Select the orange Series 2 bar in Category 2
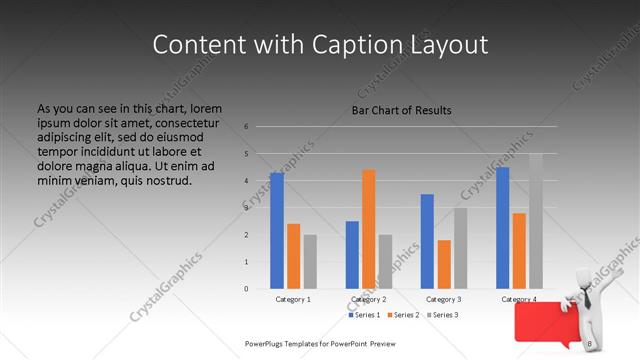pyautogui.click(x=369, y=229)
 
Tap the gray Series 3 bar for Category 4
pyautogui.click(x=536, y=221)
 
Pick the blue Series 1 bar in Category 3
pyautogui.click(x=427, y=241)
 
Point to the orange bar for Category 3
pyautogui.click(x=444, y=264)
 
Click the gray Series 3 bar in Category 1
pyautogui.click(x=310, y=261)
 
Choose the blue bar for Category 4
pyautogui.click(x=502, y=227)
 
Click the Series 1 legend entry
pyautogui.click(x=365, y=315)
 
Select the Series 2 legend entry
pyautogui.click(x=403, y=315)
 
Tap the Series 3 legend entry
pyautogui.click(x=442, y=315)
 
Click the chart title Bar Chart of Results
pyautogui.click(x=402, y=110)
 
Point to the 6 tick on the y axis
pyautogui.click(x=246, y=127)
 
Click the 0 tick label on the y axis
pyautogui.click(x=246, y=289)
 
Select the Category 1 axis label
pyautogui.click(x=293, y=299)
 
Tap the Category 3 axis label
pyautogui.click(x=444, y=299)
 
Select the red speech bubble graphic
pyautogui.click(x=540, y=325)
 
